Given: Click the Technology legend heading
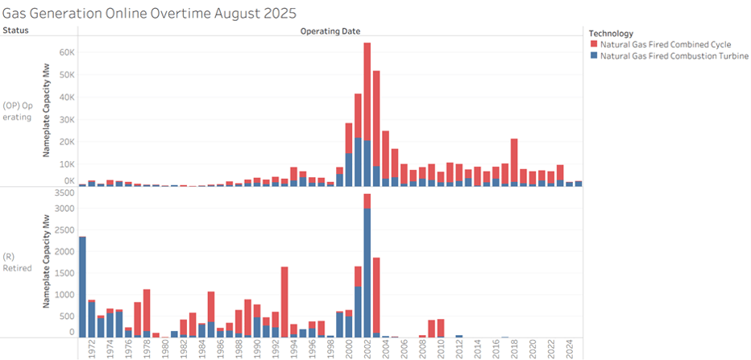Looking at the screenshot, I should point(611,32).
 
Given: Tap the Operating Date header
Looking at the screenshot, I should point(330,31).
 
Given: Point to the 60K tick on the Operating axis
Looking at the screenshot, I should point(64,52).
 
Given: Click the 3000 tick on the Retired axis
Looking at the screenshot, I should point(63,209).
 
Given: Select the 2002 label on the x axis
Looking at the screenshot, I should point(367,349).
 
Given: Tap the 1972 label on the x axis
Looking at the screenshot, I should point(91,349).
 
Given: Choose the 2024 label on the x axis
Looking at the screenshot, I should point(569,349).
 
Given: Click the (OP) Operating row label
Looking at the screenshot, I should point(18,111).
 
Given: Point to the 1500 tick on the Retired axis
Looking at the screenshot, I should point(63,272).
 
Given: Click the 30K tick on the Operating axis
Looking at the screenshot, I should point(64,119).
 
